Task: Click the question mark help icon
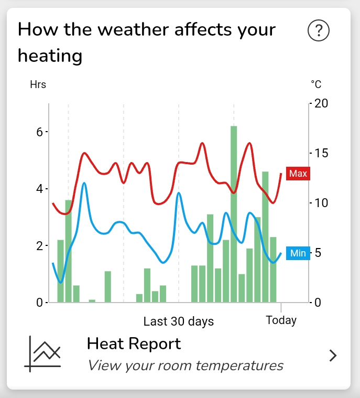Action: point(318,31)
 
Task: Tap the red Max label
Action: point(298,174)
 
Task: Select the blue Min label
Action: point(298,253)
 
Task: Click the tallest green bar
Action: point(234,214)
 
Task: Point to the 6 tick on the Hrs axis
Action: point(39,132)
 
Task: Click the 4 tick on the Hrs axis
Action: point(39,189)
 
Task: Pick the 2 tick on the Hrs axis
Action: point(39,246)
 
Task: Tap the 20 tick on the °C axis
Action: point(321,103)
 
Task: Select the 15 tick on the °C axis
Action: point(321,153)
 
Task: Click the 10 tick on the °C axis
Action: point(321,203)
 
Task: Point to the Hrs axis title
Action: point(38,84)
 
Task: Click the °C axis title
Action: point(316,84)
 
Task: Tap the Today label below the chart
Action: point(281,320)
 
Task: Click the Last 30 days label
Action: point(179,321)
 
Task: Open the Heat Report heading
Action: point(134,344)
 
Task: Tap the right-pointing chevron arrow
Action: point(333,356)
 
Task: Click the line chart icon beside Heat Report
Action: point(43,354)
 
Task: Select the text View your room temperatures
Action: point(185,365)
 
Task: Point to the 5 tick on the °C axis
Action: point(318,253)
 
